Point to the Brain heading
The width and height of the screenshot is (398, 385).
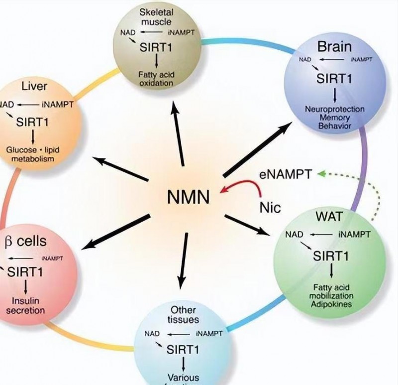334,47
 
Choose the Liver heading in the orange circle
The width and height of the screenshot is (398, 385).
34,87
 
